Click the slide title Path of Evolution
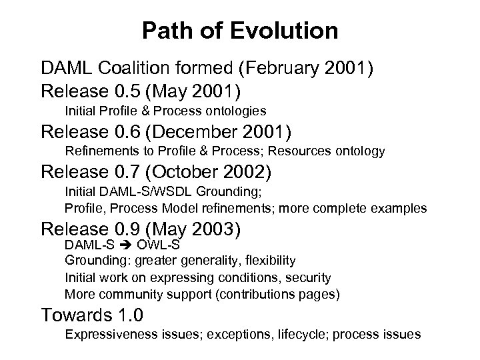point(240,31)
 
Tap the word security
point(308,277)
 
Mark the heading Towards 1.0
point(92,315)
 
